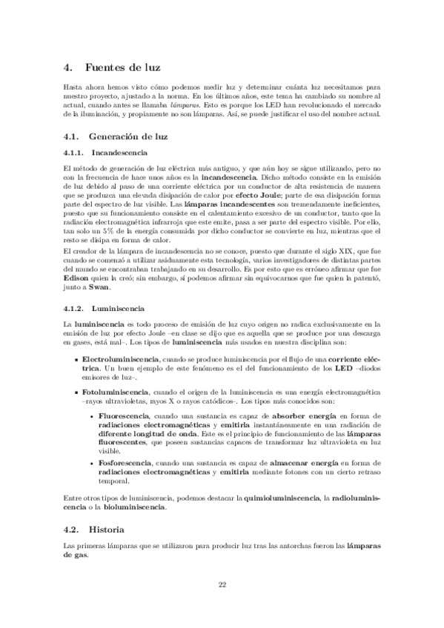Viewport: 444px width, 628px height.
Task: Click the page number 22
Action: [x=222, y=584]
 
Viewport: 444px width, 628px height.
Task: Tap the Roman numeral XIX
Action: [x=345, y=250]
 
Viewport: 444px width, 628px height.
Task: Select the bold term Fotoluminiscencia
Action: [x=115, y=389]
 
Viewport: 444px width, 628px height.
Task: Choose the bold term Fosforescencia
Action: [x=124, y=463]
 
